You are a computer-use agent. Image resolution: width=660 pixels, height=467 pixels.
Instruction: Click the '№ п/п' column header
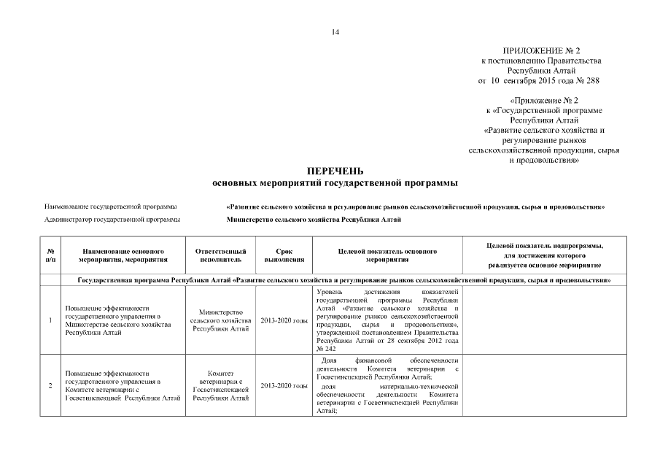tap(50, 255)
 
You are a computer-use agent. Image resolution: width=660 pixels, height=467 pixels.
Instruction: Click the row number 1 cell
tap(50, 321)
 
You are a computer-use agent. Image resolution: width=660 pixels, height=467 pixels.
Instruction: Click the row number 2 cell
tap(50, 386)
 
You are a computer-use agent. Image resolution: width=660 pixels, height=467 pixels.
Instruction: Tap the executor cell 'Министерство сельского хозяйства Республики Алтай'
tap(220, 321)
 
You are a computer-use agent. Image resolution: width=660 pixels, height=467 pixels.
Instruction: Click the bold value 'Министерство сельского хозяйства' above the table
tap(313, 219)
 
